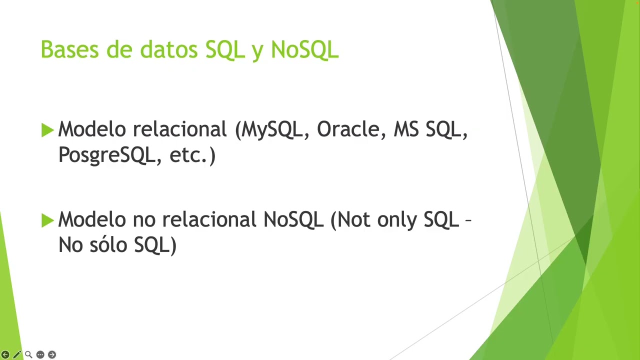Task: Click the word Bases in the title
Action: (69, 50)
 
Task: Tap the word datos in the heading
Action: (169, 50)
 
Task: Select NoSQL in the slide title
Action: (304, 50)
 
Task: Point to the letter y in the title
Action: (257, 52)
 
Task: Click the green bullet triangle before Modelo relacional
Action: (47, 130)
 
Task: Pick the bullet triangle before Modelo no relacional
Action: (47, 220)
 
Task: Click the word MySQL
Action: (272, 130)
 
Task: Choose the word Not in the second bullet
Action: (354, 220)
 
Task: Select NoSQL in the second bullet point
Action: (293, 220)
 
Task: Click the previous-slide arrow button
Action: (5, 354)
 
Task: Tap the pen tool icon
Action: (17, 354)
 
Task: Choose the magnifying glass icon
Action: (28, 354)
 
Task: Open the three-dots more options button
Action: (40, 354)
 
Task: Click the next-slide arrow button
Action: (51, 354)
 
